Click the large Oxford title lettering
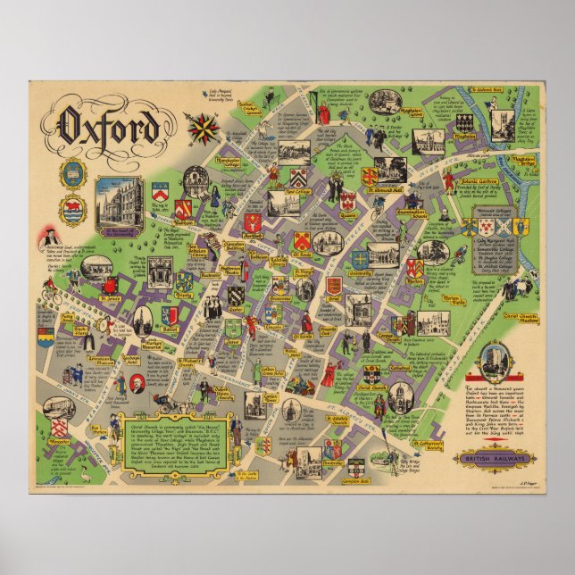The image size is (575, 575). (x=109, y=127)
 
